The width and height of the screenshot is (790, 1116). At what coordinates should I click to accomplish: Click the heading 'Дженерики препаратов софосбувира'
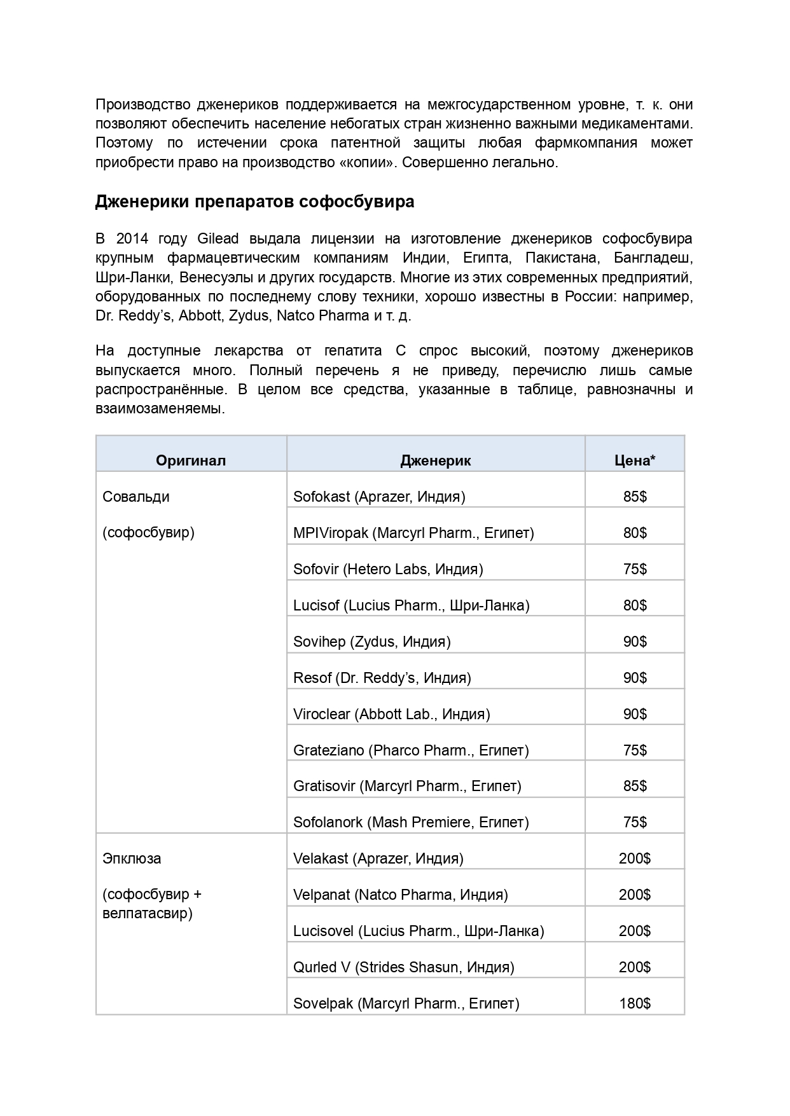254,202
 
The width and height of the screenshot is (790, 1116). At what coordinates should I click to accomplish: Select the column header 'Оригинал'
191,460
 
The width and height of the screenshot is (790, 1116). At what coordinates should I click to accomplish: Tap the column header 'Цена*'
634,460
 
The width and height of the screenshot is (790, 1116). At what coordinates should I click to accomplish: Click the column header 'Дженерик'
435,460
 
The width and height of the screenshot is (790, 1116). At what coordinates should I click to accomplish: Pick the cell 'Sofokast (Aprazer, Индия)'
379,497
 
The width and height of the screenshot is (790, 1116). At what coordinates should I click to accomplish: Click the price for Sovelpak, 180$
634,1003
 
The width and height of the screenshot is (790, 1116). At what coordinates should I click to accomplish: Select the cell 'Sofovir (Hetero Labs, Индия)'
388,569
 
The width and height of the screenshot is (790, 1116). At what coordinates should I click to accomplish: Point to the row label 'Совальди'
136,497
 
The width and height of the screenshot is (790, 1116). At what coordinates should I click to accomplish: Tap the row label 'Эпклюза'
132,858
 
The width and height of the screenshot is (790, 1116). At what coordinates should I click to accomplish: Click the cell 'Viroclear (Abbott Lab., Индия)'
391,714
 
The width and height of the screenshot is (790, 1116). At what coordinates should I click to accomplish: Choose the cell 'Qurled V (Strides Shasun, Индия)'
403,967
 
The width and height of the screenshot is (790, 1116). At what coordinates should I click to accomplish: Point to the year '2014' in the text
132,238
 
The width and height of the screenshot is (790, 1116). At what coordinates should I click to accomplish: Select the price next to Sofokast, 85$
634,497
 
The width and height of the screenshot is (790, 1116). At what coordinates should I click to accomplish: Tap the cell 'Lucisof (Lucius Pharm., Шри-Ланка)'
411,605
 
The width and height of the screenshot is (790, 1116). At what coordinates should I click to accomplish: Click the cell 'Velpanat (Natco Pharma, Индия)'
400,895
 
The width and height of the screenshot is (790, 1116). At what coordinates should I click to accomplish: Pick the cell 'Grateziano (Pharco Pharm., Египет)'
411,750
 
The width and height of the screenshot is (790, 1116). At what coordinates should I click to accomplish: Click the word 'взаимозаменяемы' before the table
159,409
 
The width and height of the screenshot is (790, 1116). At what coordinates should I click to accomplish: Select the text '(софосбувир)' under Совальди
148,532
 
